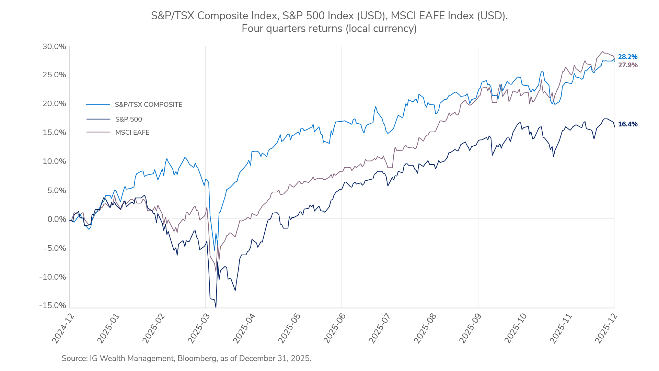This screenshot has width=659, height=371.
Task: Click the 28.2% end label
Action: [627, 57]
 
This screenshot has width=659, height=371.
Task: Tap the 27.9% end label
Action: [627, 65]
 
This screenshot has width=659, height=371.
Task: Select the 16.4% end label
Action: [627, 124]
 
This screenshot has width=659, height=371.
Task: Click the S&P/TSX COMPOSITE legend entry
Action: [148, 105]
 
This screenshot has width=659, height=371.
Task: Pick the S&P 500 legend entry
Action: [128, 120]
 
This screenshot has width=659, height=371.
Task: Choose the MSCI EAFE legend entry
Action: [132, 133]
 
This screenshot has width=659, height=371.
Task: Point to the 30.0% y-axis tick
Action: [54, 47]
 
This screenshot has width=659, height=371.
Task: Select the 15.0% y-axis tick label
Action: [54, 133]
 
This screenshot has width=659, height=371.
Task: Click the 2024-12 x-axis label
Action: [63, 328]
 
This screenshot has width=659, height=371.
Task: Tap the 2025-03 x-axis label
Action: [199, 328]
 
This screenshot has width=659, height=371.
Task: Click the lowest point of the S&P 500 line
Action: [216, 307]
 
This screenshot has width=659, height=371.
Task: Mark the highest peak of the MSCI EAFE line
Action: [603, 52]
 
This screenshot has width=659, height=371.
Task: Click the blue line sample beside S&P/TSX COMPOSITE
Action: [98, 105]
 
